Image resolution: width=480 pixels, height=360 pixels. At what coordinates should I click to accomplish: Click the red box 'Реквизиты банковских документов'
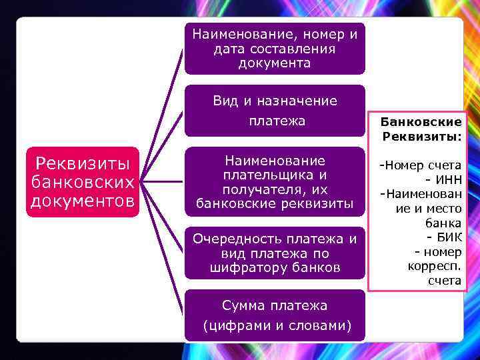pos(82,182)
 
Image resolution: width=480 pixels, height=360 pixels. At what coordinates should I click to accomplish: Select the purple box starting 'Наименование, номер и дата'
pos(275,48)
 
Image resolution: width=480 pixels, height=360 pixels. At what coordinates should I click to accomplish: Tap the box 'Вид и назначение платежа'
pos(275,111)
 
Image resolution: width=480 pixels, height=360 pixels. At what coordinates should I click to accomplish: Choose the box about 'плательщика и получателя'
pos(275,182)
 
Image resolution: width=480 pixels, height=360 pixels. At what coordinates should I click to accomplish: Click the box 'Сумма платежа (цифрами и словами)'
pos(275,315)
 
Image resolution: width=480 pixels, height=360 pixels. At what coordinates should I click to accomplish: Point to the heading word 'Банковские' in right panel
pos(421,122)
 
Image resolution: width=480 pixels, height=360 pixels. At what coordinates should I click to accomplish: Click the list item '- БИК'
pos(442,238)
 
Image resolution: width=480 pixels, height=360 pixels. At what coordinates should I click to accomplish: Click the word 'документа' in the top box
pos(275,63)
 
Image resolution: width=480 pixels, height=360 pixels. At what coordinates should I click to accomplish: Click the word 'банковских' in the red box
pos(83,182)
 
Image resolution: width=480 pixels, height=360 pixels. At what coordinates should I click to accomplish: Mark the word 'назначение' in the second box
pos(299,101)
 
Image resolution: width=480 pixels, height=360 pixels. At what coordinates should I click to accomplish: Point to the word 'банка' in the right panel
pos(445,223)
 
